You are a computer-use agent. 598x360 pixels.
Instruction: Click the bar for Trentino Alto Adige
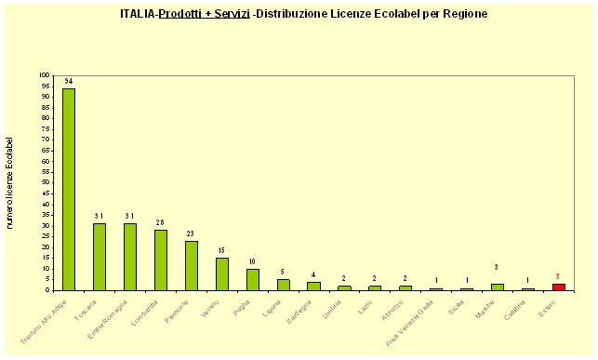[x=69, y=189]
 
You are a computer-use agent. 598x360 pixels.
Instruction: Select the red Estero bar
[x=559, y=287]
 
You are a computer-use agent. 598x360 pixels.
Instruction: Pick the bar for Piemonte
[x=192, y=265]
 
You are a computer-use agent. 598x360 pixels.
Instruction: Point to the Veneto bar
[x=222, y=273]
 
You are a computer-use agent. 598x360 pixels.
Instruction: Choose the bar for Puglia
[x=253, y=279]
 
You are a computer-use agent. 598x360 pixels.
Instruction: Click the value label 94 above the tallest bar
[x=69, y=82]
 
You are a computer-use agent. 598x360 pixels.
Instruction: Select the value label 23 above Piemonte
[x=192, y=233]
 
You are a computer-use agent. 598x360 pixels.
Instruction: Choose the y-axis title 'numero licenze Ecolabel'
[x=10, y=182]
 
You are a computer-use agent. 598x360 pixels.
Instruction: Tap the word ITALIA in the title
[x=138, y=14]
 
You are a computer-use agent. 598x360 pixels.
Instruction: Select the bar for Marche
[x=498, y=287]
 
